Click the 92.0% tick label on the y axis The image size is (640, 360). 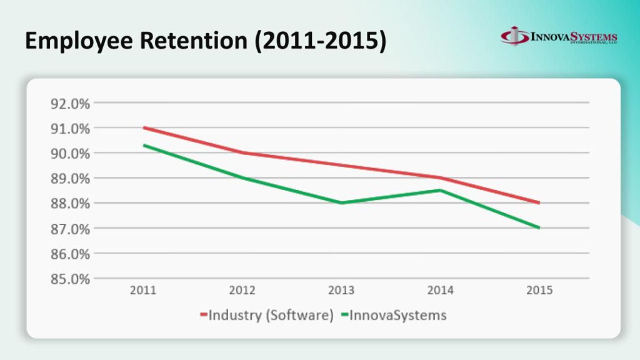[70, 103]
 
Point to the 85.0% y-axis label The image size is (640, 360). [70, 279]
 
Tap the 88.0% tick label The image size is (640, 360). [70, 204]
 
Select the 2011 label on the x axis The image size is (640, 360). [144, 291]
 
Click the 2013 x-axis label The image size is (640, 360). [341, 291]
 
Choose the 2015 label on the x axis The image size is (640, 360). [539, 291]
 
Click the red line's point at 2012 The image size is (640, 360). [242, 152]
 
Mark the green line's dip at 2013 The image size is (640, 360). [341, 203]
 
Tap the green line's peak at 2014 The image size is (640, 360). [441, 190]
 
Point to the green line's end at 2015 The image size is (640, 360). [539, 228]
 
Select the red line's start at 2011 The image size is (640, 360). [144, 127]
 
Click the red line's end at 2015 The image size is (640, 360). [539, 202]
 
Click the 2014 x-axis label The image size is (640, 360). [441, 291]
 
